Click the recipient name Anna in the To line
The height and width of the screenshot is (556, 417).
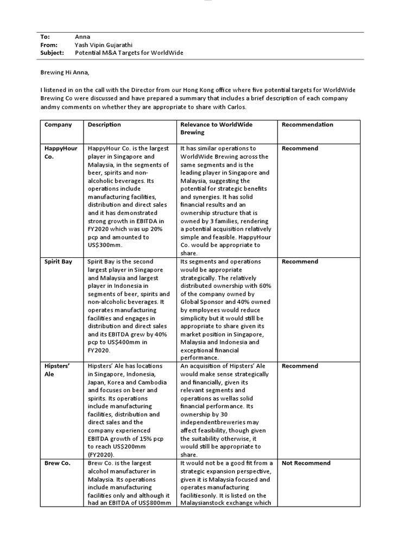(83, 36)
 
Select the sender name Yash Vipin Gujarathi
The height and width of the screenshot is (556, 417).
(108, 45)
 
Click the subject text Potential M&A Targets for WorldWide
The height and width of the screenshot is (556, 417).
(129, 53)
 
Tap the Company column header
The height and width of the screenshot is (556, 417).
(58, 124)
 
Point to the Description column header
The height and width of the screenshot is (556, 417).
(104, 124)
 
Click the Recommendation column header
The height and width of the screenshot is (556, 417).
(307, 124)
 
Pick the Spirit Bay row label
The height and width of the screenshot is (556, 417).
(58, 262)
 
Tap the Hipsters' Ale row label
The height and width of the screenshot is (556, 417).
(57, 370)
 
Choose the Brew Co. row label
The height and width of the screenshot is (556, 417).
(57, 463)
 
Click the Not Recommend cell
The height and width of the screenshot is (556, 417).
(306, 463)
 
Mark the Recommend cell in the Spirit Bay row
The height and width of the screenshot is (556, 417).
(300, 262)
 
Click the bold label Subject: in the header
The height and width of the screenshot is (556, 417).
(52, 53)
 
